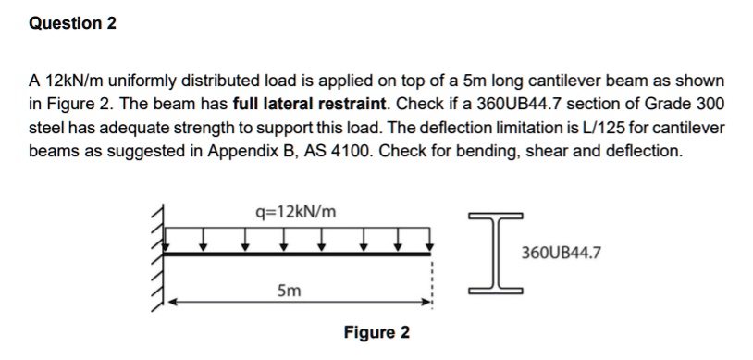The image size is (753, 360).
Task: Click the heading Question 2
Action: pos(73,23)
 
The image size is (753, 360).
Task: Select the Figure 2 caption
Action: pos(376,332)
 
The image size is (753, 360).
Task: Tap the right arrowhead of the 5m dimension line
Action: pos(426,301)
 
